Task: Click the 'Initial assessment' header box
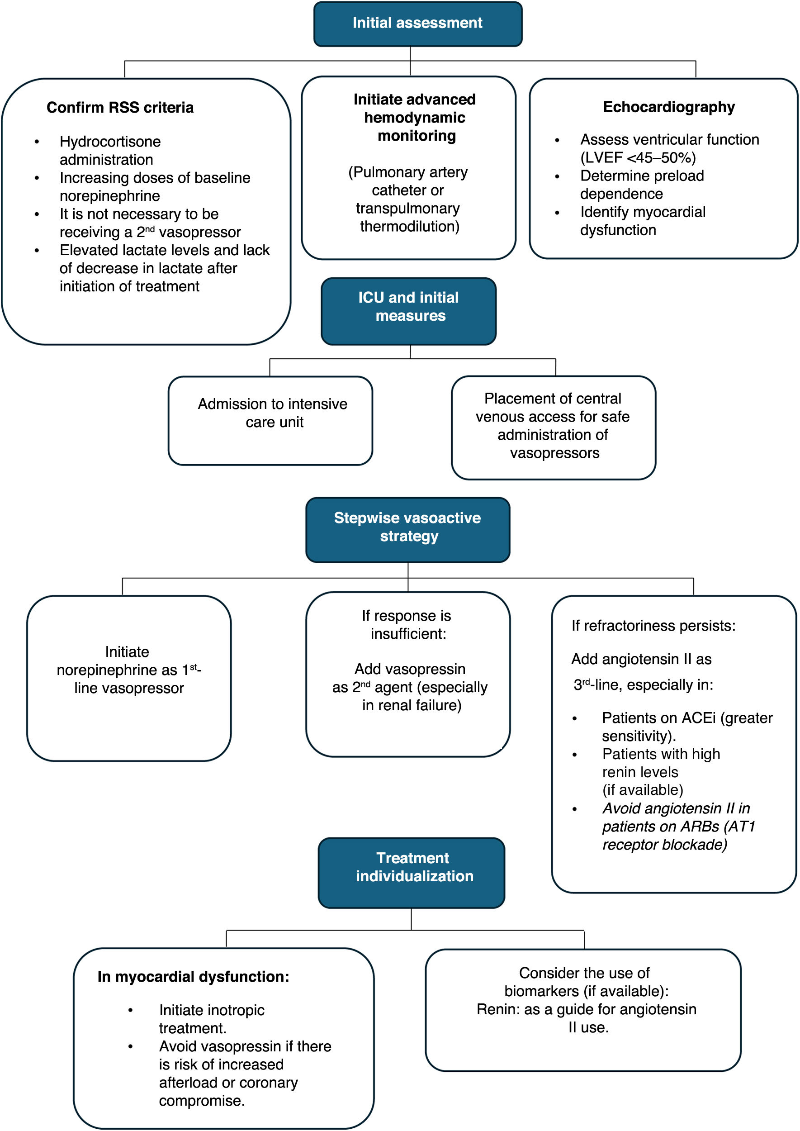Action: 418,24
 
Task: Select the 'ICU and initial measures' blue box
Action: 408,311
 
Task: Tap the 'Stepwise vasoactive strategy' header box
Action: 408,530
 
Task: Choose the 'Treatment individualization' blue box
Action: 412,873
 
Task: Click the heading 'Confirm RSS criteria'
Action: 120,107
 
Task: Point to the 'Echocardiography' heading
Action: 669,107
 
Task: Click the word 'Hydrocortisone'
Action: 110,142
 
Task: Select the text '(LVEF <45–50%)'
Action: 638,158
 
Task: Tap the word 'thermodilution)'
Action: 410,226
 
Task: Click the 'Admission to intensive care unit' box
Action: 270,420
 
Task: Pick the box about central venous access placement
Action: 554,428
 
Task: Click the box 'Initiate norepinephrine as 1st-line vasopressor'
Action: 129,678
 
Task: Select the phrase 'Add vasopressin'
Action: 410,669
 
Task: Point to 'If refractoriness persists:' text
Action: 653,625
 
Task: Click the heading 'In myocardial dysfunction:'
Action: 193,976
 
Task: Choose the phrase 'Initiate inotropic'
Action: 212,1010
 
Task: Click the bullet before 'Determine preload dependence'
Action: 557,176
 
